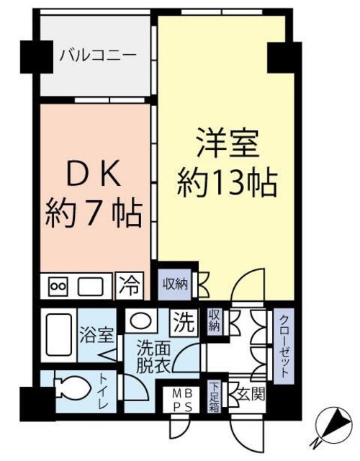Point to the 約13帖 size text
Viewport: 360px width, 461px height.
(x=226, y=184)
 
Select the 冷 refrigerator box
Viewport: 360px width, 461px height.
(x=130, y=286)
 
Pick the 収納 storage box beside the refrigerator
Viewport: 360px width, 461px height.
(x=174, y=284)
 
